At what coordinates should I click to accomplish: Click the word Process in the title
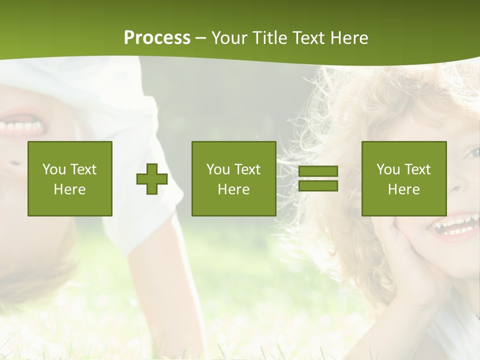coord(157,38)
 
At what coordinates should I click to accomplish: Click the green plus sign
coord(152,178)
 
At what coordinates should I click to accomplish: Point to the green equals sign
coord(318,178)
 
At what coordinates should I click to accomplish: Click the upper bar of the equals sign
coord(318,171)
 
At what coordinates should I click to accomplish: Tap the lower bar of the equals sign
coord(318,185)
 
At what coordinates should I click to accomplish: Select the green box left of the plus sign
coord(70,178)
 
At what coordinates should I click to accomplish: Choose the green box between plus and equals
coord(234,178)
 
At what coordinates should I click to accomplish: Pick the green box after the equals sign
coord(404,178)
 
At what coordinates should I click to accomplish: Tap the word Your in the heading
coord(229,38)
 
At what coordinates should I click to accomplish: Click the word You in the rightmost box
coord(388,169)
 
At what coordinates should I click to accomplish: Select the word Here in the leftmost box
coord(70,189)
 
